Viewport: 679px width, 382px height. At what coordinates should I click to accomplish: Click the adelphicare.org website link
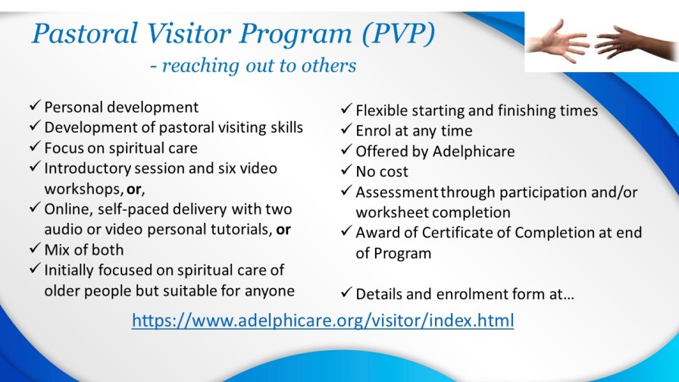[x=323, y=321]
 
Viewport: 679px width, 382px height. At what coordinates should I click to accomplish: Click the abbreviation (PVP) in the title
[x=398, y=34]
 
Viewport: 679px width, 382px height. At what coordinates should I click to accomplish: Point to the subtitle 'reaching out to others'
[x=258, y=66]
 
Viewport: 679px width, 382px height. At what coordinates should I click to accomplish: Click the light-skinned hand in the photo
[x=559, y=42]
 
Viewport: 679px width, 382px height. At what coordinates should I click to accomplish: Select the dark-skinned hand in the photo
[x=634, y=43]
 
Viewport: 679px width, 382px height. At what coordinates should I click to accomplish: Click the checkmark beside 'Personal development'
[x=35, y=105]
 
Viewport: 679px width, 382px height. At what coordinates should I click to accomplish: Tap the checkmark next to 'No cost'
[x=346, y=169]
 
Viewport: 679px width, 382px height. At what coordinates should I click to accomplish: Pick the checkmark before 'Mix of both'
[x=35, y=248]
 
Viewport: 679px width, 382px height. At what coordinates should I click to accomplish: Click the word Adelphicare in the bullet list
[x=474, y=151]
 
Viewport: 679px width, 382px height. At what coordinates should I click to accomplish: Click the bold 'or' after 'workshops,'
[x=134, y=189]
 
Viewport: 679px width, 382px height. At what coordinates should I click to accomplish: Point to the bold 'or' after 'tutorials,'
[x=283, y=230]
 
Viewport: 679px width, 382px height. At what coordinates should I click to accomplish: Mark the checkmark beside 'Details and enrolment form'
[x=346, y=293]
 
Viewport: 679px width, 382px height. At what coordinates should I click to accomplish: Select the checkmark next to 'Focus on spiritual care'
[x=35, y=146]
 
